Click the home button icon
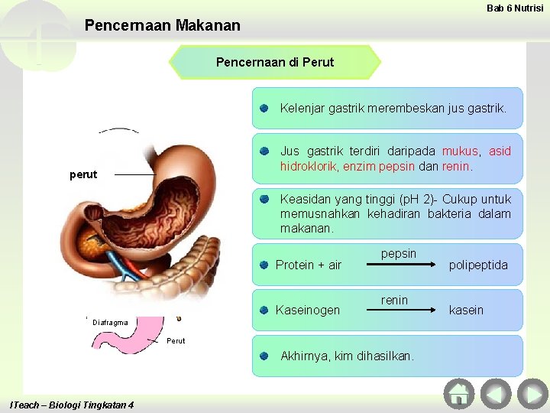[459, 393]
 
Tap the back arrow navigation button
[496, 393]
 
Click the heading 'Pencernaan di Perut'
[275, 62]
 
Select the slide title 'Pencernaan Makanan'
[162, 25]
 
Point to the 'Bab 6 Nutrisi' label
[515, 8]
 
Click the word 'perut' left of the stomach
[83, 174]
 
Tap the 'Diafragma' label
[110, 322]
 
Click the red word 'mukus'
[460, 151]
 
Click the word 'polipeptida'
[478, 265]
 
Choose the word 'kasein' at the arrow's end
[466, 310]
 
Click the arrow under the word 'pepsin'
[399, 266]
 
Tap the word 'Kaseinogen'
[307, 310]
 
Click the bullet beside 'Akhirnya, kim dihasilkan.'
[263, 356]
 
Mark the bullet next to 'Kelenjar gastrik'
[263, 109]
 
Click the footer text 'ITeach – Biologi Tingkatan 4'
[73, 405]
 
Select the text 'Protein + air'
[309, 265]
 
